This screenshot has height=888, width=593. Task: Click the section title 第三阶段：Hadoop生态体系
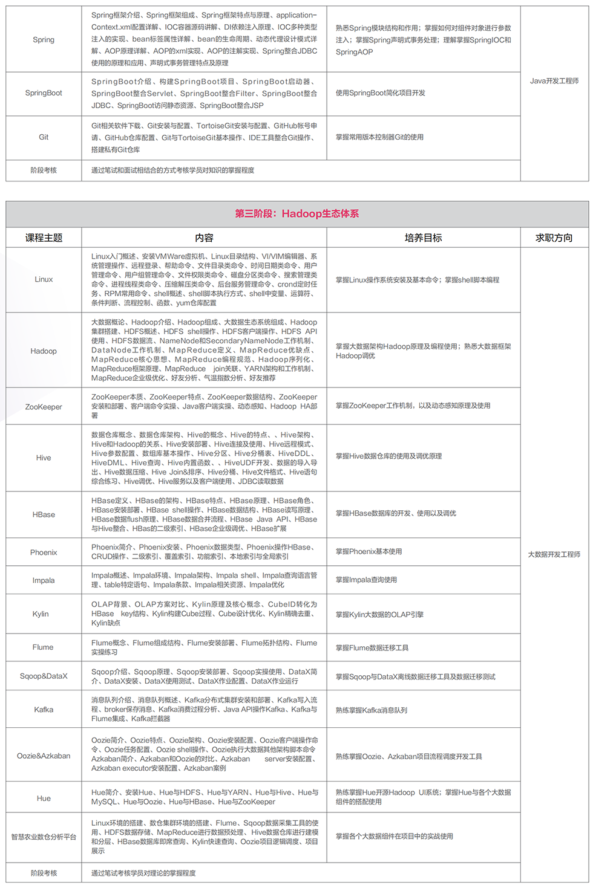pyautogui.click(x=296, y=213)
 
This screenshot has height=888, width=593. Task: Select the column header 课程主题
pyautogui.click(x=44, y=238)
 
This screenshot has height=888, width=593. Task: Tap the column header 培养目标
pyautogui.click(x=423, y=238)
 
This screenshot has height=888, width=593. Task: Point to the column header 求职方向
pyautogui.click(x=554, y=238)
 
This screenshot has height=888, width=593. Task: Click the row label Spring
pyautogui.click(x=44, y=40)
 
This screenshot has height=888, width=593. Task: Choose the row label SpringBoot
pyautogui.click(x=44, y=93)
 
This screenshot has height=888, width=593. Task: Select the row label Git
pyautogui.click(x=44, y=137)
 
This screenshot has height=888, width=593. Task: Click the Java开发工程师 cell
pyautogui.click(x=554, y=81)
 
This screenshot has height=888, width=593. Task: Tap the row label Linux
pyautogui.click(x=44, y=279)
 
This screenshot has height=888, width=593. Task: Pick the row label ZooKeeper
pyautogui.click(x=44, y=407)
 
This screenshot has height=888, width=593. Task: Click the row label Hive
pyautogui.click(x=44, y=458)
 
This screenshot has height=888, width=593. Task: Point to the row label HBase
pyautogui.click(x=44, y=514)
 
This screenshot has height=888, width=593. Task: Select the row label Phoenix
pyautogui.click(x=44, y=553)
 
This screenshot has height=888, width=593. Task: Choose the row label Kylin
pyautogui.click(x=41, y=614)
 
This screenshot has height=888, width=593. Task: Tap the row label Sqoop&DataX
pyautogui.click(x=44, y=676)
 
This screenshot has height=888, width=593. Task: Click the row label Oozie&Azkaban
pyautogui.click(x=44, y=756)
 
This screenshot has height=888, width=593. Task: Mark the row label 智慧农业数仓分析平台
pyautogui.click(x=44, y=837)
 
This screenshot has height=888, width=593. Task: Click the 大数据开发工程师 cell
pyautogui.click(x=554, y=554)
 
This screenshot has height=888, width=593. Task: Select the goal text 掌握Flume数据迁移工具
pyautogui.click(x=372, y=648)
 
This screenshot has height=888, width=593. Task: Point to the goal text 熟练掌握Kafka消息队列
pyautogui.click(x=372, y=710)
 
